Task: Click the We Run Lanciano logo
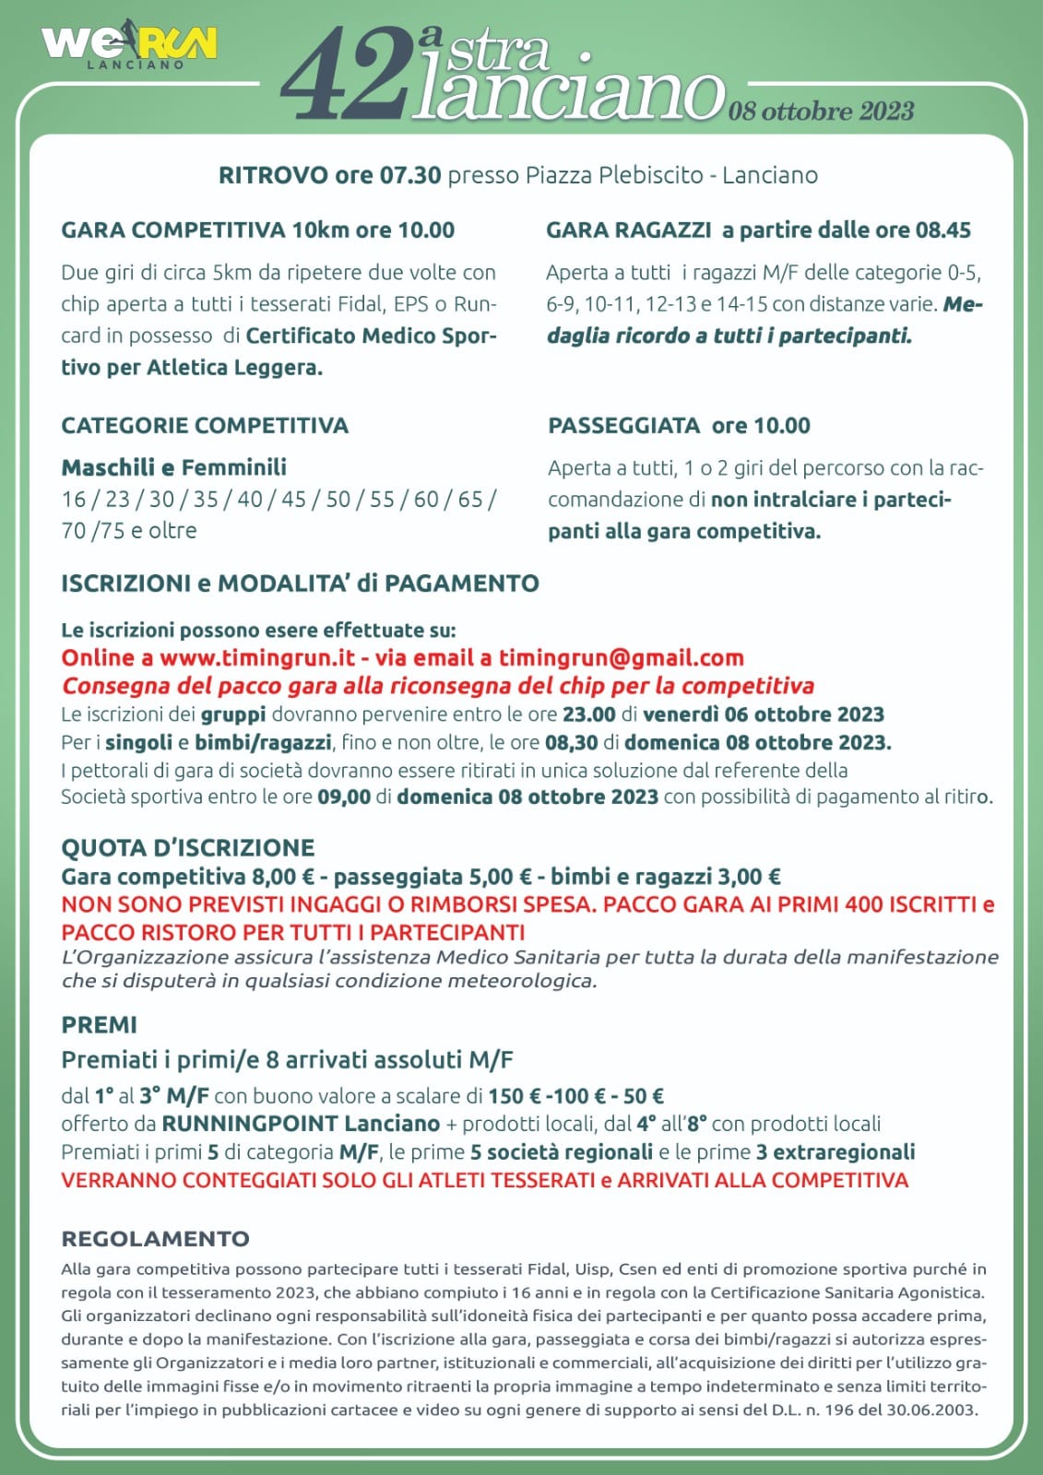tap(129, 45)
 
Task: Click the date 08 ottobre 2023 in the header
tap(821, 112)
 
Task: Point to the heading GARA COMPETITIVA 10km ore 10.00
tap(257, 230)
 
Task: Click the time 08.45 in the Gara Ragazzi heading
tap(942, 230)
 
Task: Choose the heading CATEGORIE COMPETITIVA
tap(205, 426)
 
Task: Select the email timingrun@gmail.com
tap(621, 658)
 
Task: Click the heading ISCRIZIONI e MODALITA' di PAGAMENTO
tap(300, 584)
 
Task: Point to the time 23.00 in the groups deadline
tap(588, 714)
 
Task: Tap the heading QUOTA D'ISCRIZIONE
tap(188, 848)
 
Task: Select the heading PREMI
tap(99, 1025)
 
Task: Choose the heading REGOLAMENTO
tap(155, 1239)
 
